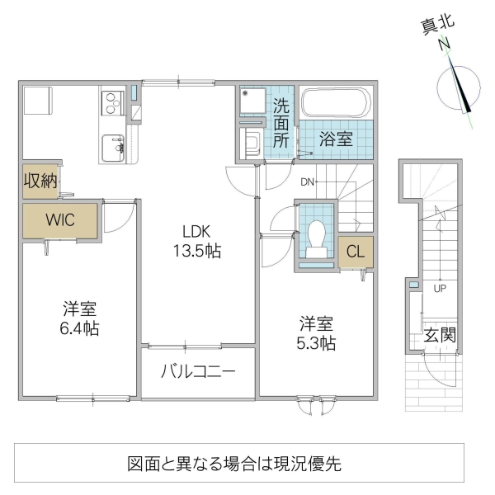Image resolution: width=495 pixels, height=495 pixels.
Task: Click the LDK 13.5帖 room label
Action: pos(196,242)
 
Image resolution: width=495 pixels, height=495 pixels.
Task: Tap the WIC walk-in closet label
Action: pos(61,220)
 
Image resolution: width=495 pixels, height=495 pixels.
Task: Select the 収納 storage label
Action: pos(40,181)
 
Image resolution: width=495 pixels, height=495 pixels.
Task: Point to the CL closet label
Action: pos(356,251)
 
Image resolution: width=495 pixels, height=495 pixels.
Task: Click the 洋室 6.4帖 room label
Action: pos(81,318)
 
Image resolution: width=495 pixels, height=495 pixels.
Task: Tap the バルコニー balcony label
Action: pos(198,371)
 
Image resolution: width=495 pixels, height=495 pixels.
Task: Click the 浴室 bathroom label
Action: pos(337,139)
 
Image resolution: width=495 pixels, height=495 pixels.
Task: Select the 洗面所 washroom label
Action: pos(281,123)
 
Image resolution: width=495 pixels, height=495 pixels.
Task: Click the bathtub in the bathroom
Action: pos(337,104)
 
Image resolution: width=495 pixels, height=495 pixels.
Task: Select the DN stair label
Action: pos(308,181)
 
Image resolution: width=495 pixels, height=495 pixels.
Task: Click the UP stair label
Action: pos(440,289)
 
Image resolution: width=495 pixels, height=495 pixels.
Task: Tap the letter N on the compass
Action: pos(444,44)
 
